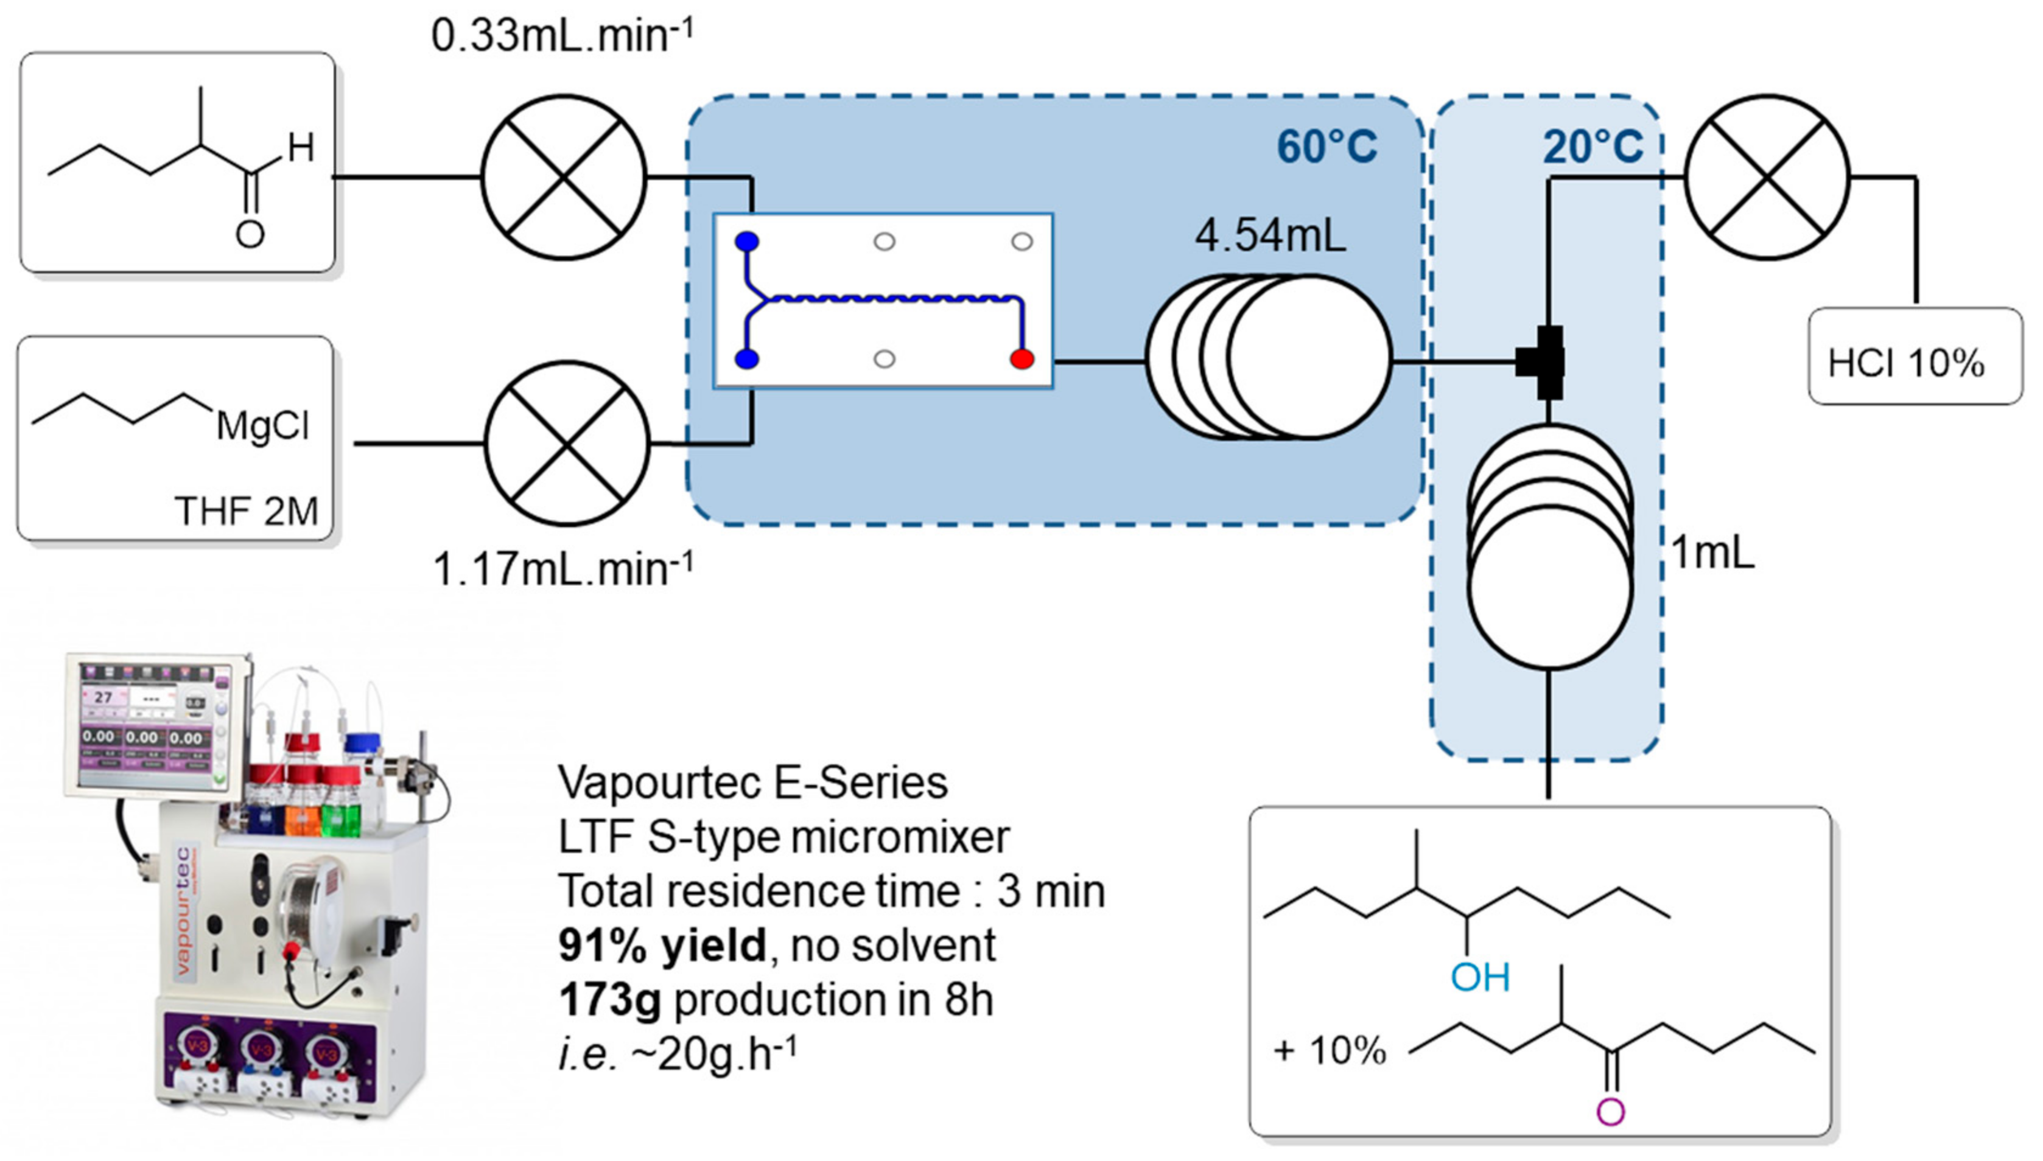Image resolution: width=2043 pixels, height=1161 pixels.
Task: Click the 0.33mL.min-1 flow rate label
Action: click(x=562, y=36)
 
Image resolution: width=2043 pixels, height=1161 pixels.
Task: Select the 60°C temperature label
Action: click(x=1326, y=147)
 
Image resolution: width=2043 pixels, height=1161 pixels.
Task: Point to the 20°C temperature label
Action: click(x=1593, y=147)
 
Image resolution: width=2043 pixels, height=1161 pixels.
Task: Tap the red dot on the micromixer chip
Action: click(x=1022, y=359)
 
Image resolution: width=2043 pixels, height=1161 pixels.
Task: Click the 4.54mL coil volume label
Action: click(x=1270, y=236)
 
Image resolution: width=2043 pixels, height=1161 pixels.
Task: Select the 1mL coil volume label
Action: click(x=1712, y=553)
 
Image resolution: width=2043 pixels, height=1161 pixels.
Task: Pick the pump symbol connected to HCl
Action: click(x=1767, y=177)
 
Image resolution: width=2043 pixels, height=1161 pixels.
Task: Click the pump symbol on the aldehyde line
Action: click(x=564, y=177)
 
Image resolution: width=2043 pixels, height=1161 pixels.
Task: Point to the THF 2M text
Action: click(x=246, y=511)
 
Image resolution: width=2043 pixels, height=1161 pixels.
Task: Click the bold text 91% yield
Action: click(x=662, y=946)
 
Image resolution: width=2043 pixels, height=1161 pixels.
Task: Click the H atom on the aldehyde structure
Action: click(x=301, y=148)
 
